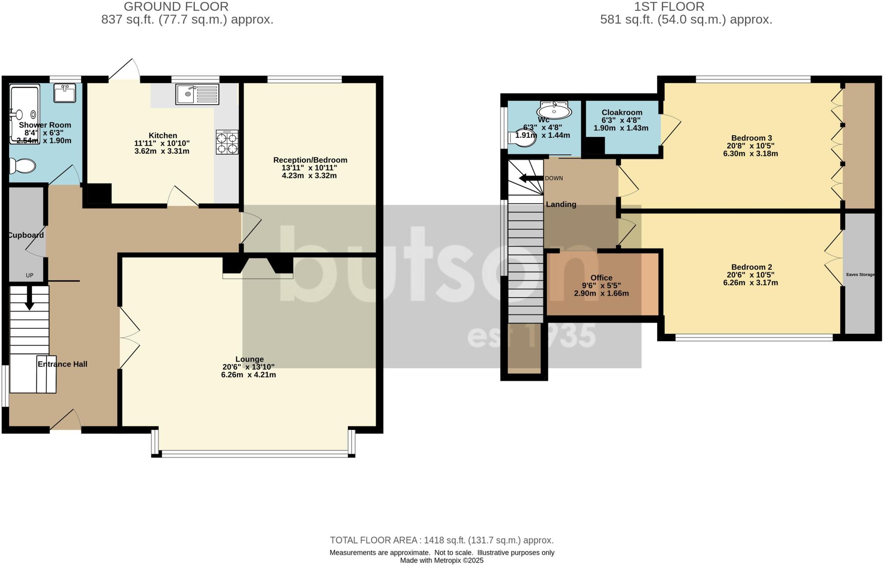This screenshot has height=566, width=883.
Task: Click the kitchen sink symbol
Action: pyautogui.click(x=197, y=94)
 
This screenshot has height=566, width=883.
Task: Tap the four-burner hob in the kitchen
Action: pyautogui.click(x=227, y=142)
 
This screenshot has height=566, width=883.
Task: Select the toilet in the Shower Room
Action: pyautogui.click(x=22, y=165)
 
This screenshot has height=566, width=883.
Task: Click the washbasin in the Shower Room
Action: pyautogui.click(x=65, y=93)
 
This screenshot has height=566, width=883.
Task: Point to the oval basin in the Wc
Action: pyautogui.click(x=554, y=111)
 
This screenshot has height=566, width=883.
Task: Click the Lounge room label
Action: pyautogui.click(x=249, y=359)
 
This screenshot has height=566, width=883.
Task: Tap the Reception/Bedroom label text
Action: pyautogui.click(x=310, y=160)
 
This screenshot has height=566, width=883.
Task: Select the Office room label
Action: pyautogui.click(x=601, y=278)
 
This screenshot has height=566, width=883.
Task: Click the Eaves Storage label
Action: pyautogui.click(x=860, y=274)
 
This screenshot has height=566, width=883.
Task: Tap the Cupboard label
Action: pyautogui.click(x=26, y=235)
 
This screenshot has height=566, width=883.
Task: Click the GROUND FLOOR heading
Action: pyautogui.click(x=176, y=7)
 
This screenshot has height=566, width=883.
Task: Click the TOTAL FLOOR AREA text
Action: pyautogui.click(x=441, y=540)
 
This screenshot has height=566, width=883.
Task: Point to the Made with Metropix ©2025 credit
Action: pyautogui.click(x=441, y=560)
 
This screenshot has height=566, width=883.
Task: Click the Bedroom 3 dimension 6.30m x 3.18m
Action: pyautogui.click(x=750, y=154)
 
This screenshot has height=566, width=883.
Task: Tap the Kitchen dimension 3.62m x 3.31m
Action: pyautogui.click(x=162, y=151)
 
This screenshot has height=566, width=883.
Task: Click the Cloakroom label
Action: pyautogui.click(x=622, y=112)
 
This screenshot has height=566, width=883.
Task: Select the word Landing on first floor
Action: pyautogui.click(x=561, y=204)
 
